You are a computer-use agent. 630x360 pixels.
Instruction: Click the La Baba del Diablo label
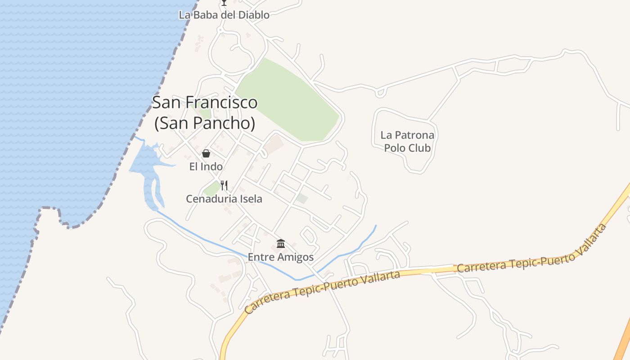pos(224,15)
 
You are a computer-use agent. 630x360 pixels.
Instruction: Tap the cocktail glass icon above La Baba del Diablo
pos(224,3)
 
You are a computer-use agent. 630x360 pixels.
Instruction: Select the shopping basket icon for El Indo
pos(206,153)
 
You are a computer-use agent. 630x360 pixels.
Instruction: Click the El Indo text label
pos(206,167)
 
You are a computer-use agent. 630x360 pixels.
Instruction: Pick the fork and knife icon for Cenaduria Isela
pos(224,185)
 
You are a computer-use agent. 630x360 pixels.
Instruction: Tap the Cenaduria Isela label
pos(224,198)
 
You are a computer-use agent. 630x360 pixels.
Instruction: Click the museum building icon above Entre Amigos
pos(281,244)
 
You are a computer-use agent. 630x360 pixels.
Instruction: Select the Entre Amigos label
pos(281,257)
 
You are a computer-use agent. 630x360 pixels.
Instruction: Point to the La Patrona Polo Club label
pos(407,141)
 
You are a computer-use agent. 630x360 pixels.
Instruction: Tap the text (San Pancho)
pos(205,123)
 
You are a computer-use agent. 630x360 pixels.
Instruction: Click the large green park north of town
pos(288,101)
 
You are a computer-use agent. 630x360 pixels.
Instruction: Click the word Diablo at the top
pos(253,15)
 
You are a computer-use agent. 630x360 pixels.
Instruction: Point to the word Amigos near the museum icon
pos(295,257)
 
